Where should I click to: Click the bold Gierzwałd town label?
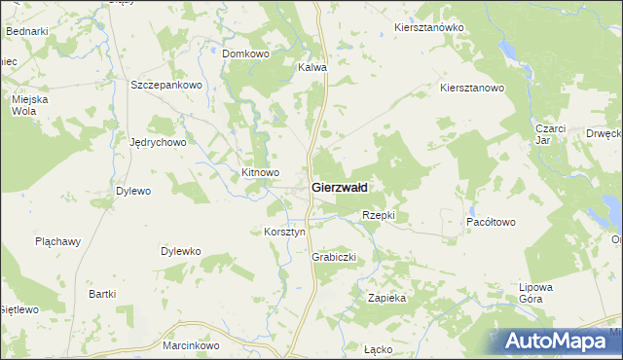point(339,187)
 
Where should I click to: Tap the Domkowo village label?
point(245,54)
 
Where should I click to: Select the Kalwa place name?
point(311,68)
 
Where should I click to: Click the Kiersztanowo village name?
point(472,88)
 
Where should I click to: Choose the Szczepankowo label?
point(165,85)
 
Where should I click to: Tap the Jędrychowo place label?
point(158,141)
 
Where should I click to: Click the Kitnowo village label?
point(260,172)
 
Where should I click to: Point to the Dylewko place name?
point(180,251)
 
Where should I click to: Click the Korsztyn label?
point(285,233)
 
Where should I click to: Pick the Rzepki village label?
point(378,215)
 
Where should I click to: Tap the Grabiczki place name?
point(335,258)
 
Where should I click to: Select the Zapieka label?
point(386,298)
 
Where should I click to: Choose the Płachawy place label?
point(56,240)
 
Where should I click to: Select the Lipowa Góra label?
point(536,294)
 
